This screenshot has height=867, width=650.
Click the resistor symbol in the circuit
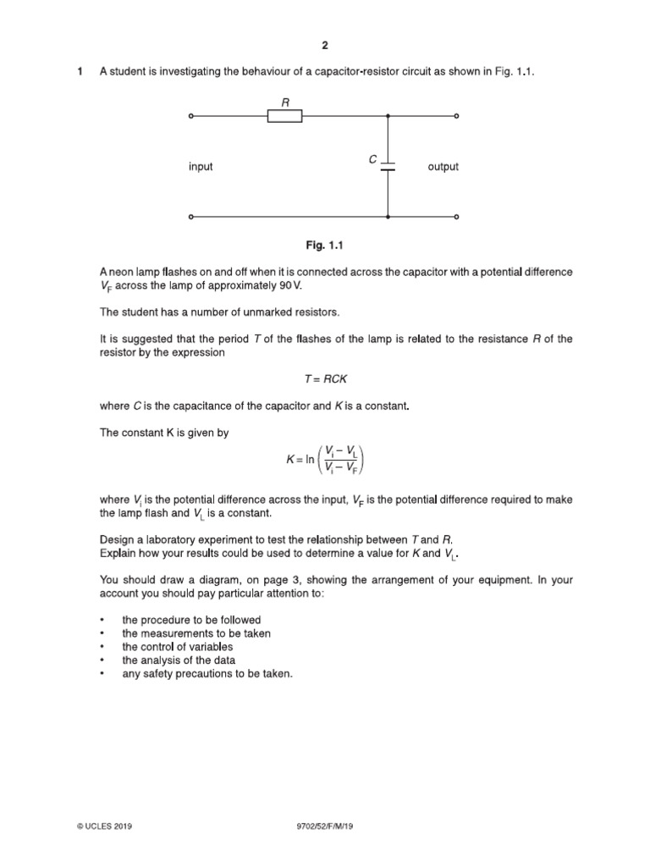click(x=285, y=116)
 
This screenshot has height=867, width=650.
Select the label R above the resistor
click(x=285, y=100)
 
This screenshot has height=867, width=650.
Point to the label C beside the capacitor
click(x=372, y=159)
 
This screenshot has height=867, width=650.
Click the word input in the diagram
click(x=201, y=167)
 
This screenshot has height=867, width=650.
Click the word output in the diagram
click(x=443, y=167)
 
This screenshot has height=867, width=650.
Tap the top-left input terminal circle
click(x=190, y=116)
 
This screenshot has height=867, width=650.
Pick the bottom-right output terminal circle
click(x=458, y=218)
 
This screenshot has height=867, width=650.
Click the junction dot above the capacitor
click(x=388, y=116)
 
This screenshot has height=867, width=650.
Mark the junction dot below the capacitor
click(x=388, y=218)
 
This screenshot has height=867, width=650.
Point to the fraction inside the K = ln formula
click(x=340, y=462)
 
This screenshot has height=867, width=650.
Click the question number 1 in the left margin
click(x=80, y=72)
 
